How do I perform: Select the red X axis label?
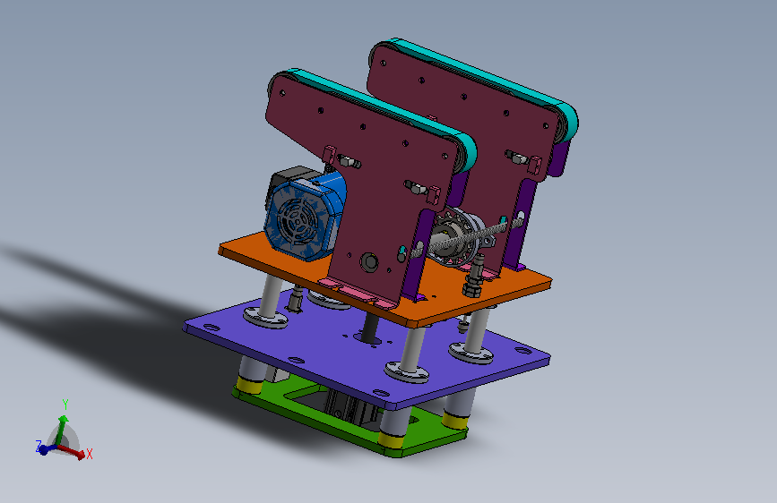click(x=90, y=454)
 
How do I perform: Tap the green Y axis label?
click(x=65, y=405)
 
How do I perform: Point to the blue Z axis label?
click(x=39, y=446)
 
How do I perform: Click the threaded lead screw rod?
click(x=466, y=236)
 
